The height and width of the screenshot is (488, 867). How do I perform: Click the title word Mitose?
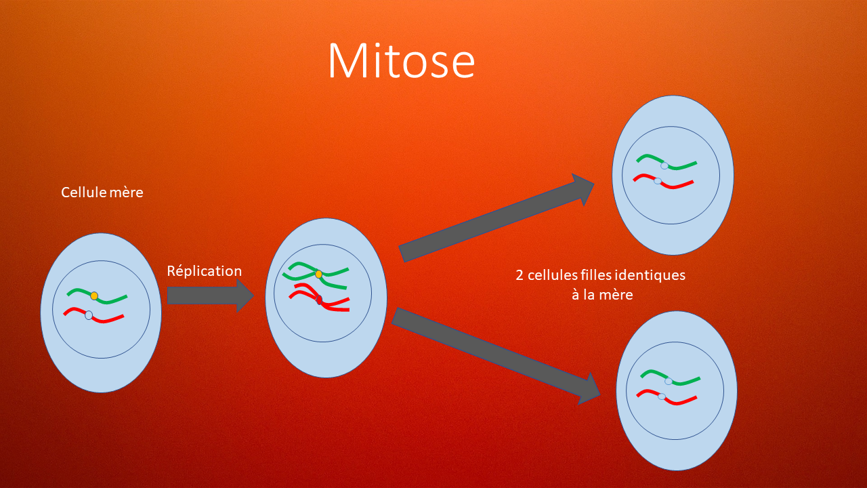[x=401, y=62]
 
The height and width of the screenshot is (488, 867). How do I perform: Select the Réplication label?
[x=204, y=271]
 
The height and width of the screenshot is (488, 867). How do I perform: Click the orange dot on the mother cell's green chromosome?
[x=94, y=296]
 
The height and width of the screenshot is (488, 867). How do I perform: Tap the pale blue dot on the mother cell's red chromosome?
[x=89, y=315]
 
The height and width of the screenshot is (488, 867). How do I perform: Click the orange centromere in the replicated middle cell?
[x=318, y=274]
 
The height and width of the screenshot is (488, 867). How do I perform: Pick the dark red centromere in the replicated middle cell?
[x=319, y=300]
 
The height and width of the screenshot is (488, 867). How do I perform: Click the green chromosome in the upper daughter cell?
[x=681, y=165]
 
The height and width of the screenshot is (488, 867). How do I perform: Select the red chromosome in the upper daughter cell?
[x=677, y=184]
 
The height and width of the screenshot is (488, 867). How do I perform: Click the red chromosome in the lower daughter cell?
[x=681, y=401]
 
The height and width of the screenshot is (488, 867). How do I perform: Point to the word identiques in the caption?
[x=650, y=276]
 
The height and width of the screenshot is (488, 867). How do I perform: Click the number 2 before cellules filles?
[x=519, y=276]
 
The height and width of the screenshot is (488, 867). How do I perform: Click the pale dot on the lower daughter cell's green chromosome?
[x=669, y=381]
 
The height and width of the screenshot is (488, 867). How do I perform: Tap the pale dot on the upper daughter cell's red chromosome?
[x=658, y=181]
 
